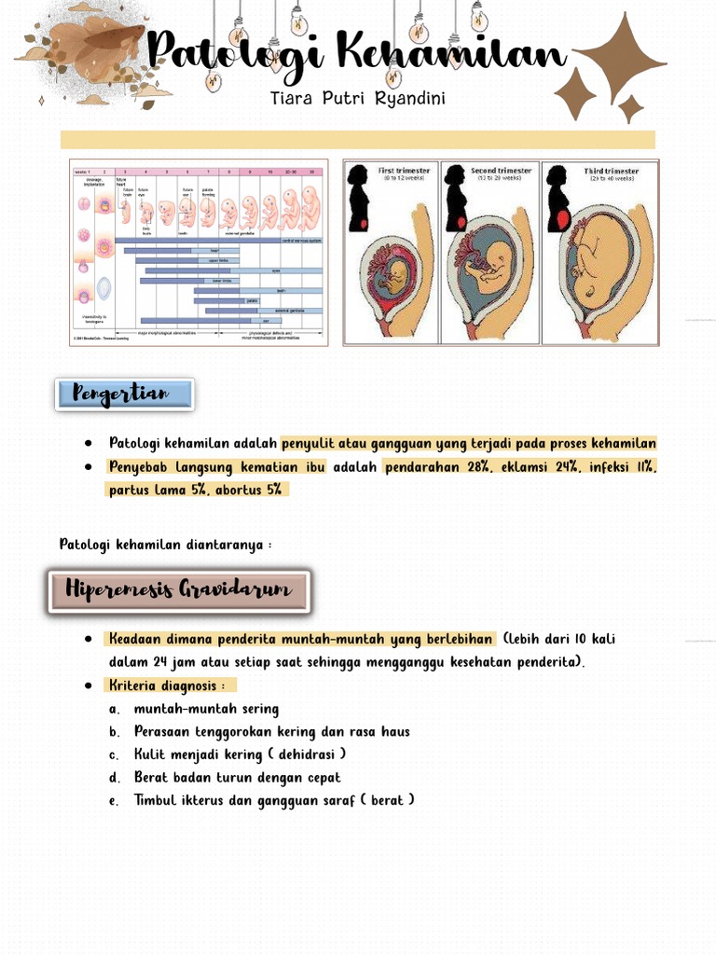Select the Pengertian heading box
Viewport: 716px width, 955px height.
coord(124,394)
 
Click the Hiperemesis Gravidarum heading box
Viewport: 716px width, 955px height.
coord(178,590)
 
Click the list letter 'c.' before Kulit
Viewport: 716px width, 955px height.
coord(114,754)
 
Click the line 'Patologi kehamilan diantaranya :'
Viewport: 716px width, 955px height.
coord(165,545)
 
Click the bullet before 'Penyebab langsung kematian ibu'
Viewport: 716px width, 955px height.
coord(88,467)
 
